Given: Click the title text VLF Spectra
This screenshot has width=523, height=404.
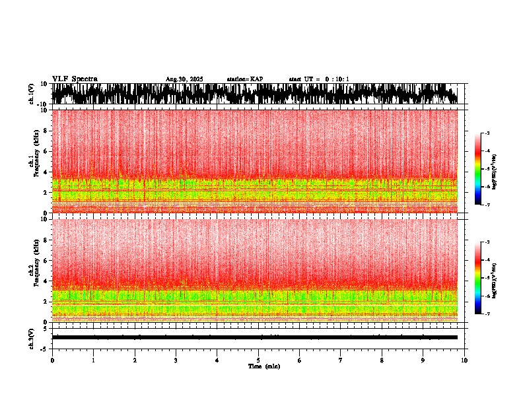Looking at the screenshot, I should [x=75, y=79].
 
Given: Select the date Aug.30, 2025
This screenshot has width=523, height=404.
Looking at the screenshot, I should [x=184, y=79].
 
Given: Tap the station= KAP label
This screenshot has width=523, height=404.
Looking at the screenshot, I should [x=244, y=79].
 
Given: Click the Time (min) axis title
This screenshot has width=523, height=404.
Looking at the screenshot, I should [x=263, y=366].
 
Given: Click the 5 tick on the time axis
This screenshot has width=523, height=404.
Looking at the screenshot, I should [x=258, y=360].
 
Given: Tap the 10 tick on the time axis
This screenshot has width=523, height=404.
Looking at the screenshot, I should [x=465, y=360].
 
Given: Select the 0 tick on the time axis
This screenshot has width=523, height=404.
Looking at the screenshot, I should [x=52, y=360].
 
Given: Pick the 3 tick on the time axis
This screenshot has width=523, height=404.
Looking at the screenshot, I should [x=176, y=360].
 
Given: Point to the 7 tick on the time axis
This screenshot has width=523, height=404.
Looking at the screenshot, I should [x=341, y=360].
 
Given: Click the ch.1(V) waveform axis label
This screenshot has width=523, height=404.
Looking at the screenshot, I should [x=32, y=94].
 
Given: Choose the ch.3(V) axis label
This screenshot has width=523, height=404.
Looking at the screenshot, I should [x=32, y=337].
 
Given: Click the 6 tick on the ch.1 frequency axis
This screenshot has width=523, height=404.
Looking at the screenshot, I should [x=46, y=151].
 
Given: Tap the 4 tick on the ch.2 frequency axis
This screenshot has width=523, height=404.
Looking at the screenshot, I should [x=46, y=281].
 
